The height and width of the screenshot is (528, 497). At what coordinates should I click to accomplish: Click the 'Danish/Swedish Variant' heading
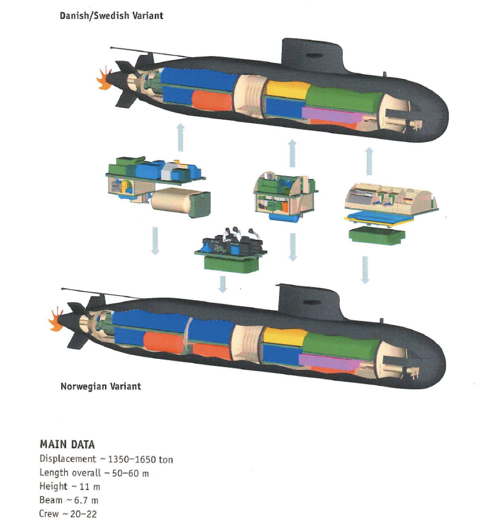point(112,16)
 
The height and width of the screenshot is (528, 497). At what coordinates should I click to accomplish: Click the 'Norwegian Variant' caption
point(101,386)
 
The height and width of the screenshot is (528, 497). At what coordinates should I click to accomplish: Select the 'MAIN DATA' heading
point(67,445)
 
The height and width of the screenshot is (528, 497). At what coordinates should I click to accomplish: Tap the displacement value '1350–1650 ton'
point(140,459)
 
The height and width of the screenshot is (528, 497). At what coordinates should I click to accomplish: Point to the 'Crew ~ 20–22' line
point(68,514)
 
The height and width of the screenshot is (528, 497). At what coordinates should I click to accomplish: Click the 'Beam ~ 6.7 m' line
point(69,500)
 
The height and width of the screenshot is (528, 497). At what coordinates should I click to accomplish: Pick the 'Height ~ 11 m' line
point(70,486)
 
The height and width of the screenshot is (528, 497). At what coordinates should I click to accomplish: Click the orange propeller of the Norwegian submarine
point(55,320)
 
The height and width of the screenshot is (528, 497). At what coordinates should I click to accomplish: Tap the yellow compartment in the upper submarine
point(288,89)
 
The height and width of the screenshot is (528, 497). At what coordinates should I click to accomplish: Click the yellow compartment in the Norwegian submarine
point(285,336)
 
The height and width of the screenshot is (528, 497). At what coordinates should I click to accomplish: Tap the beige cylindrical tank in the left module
point(180,202)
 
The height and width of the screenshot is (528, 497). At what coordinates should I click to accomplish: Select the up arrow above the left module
point(181,137)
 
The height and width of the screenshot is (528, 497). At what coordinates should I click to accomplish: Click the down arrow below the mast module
point(222,285)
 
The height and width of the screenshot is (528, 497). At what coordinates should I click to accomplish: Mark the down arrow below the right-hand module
point(365,270)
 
